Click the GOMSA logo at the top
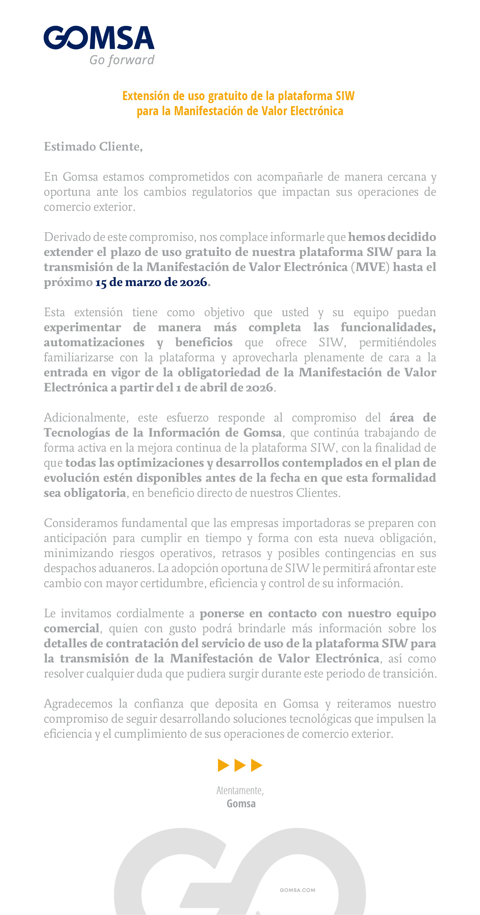[x=99, y=38]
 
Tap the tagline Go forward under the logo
[x=122, y=60]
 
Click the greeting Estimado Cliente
[x=93, y=146]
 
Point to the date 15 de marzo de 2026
[x=151, y=282]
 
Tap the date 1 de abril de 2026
[x=224, y=387]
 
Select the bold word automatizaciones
[x=94, y=342]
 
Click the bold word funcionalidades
[x=388, y=327]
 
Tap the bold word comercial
[x=72, y=628]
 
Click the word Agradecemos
[x=78, y=703]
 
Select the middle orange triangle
[x=239, y=765]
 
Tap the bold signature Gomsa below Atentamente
[x=241, y=804]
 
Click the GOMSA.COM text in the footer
[x=297, y=890]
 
